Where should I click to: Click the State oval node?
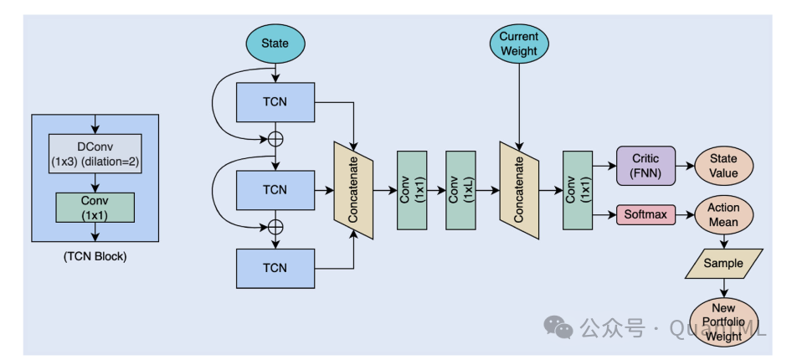pos(275,44)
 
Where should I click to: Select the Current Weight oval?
pos(519,44)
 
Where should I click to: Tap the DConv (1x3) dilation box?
pos(94,153)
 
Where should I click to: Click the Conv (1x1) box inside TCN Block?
pos(94,208)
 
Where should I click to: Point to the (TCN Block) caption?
pos(94,256)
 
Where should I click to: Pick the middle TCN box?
pos(275,190)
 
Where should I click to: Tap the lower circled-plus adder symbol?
pos(275,227)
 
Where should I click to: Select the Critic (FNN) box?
pos(645,165)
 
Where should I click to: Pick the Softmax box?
pos(645,214)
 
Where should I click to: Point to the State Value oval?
pos(723,165)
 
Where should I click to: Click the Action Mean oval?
pos(723,214)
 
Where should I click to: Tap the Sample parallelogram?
pos(723,263)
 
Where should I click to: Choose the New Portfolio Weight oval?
pos(723,321)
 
